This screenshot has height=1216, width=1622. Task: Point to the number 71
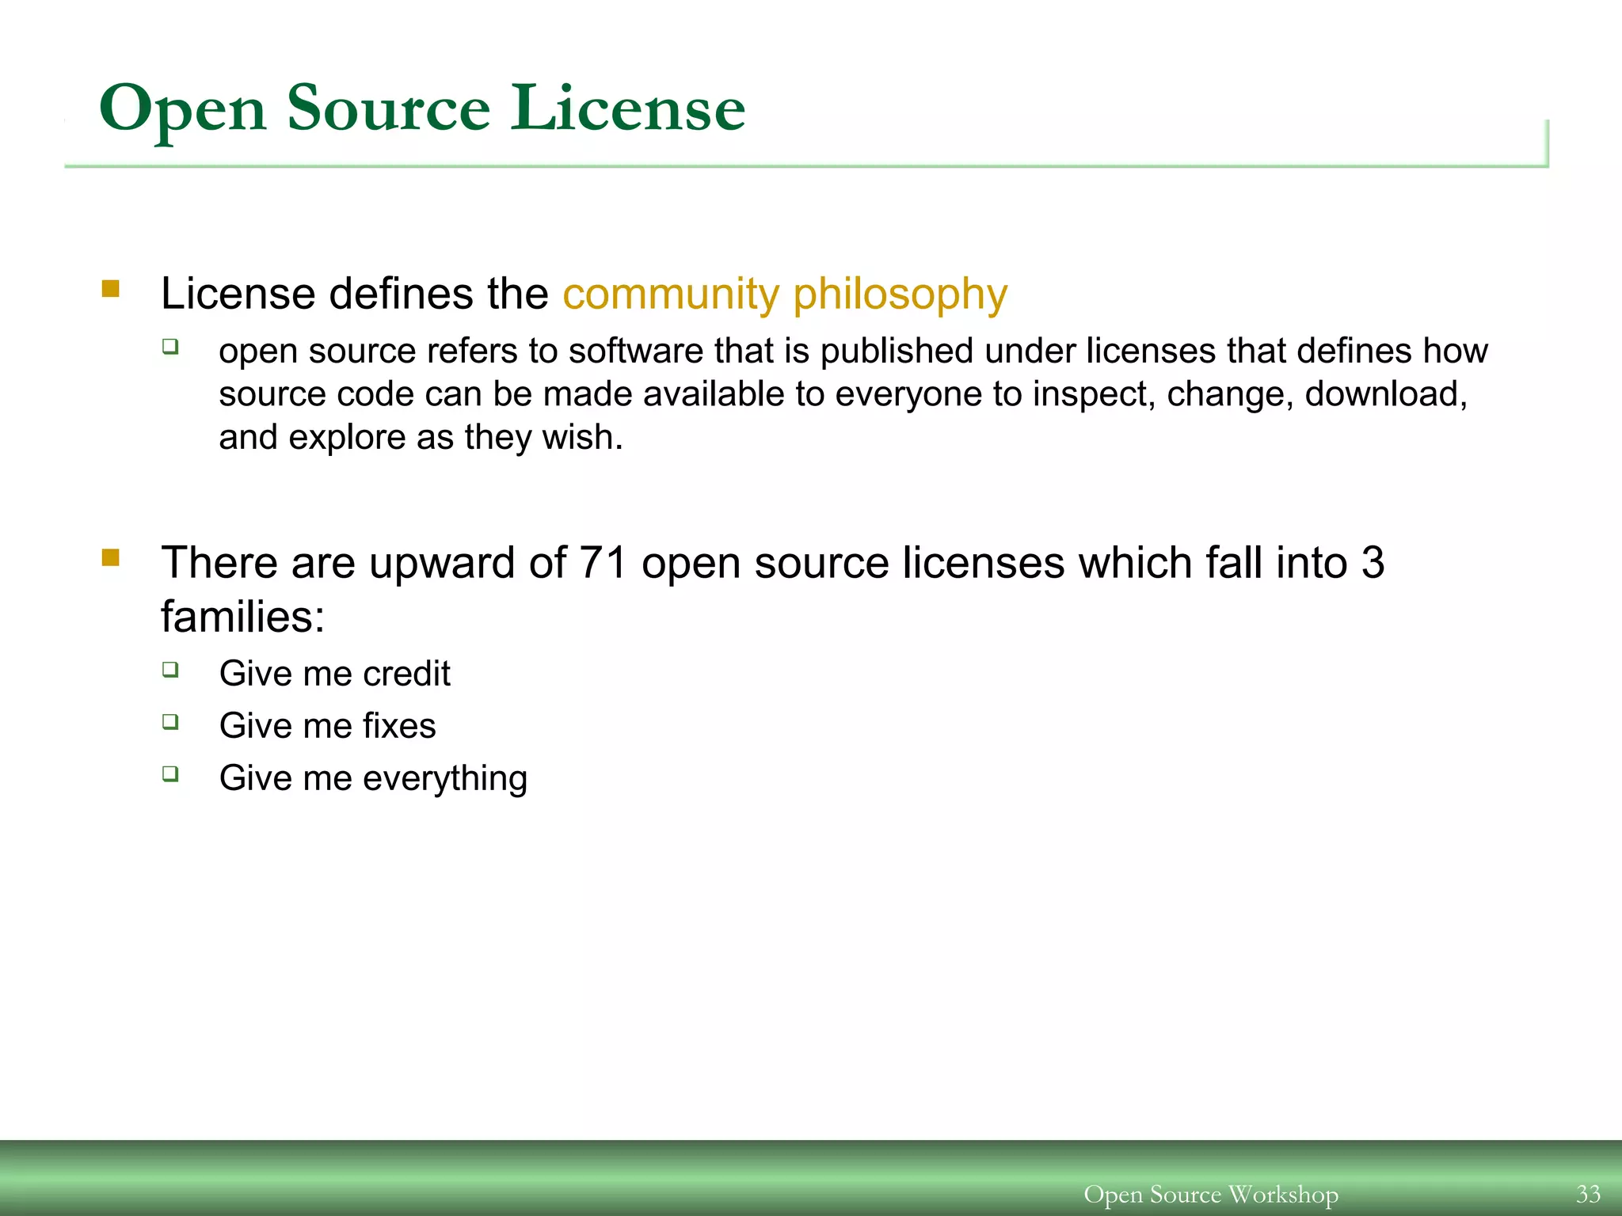[x=603, y=563]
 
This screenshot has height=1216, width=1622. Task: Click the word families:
[x=242, y=617]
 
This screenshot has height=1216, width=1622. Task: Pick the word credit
[x=406, y=674]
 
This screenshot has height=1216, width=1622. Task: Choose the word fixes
[x=399, y=726]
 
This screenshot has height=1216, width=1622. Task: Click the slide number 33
[x=1588, y=1194]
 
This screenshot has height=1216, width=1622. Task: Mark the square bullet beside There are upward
[x=111, y=558]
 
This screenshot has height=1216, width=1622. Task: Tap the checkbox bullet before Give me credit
[x=170, y=670]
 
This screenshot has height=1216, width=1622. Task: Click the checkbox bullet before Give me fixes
[x=170, y=721]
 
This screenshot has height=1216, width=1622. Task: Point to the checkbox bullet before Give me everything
[x=170, y=773]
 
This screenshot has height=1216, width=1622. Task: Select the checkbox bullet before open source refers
[x=170, y=346]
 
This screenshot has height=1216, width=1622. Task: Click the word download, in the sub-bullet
[x=1386, y=394]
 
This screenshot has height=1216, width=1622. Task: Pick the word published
[x=897, y=351]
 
